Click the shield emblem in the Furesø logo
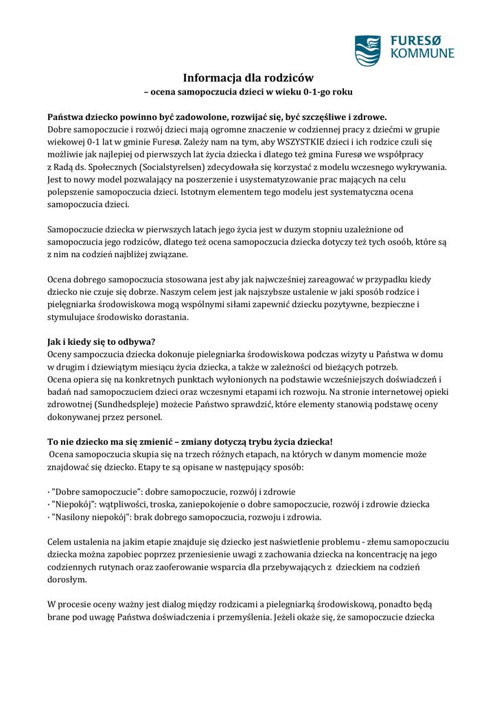click(367, 50)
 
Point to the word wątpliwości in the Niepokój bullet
click(130, 505)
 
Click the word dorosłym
click(67, 579)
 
